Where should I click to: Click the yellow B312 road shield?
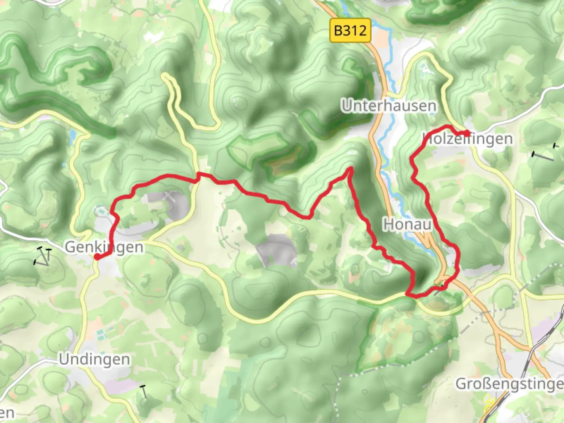click(x=350, y=30)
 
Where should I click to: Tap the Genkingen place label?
click(x=104, y=247)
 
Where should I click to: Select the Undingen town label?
click(x=94, y=359)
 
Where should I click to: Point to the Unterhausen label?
click(x=389, y=106)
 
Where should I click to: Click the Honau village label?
click(x=407, y=224)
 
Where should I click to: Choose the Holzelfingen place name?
click(x=468, y=139)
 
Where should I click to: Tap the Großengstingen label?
click(x=509, y=384)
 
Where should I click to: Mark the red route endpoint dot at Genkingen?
click(x=97, y=257)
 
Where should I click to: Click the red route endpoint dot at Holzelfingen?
click(x=467, y=133)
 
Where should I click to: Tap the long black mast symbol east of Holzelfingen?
click(x=543, y=156)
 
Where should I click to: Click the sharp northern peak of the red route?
click(x=351, y=169)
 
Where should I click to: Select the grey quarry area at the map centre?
click(x=277, y=251)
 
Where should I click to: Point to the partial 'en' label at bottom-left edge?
click(x=7, y=413)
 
